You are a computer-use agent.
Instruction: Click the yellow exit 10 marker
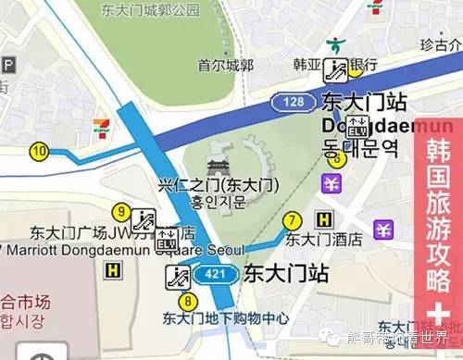39,151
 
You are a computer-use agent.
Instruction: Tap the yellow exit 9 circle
120,212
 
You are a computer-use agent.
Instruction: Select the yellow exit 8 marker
189,300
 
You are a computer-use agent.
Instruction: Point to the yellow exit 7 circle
293,220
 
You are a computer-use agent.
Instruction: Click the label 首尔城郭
226,65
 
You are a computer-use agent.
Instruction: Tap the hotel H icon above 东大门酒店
324,219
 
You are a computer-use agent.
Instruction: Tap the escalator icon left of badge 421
177,274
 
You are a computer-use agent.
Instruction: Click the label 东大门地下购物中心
225,318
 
